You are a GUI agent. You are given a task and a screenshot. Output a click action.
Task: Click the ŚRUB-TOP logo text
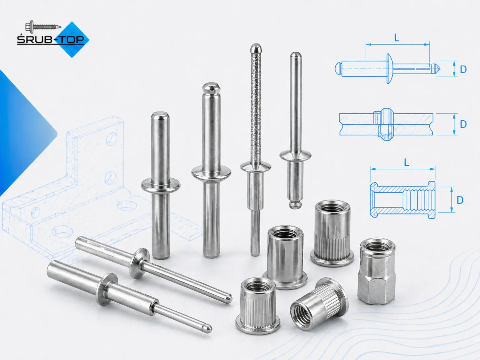pos(50,40)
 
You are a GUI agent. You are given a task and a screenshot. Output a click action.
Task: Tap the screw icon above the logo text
pos(43,26)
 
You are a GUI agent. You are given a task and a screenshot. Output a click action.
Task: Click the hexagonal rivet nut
pos(377,271)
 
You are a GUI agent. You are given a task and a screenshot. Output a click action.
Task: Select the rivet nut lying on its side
pos(319,304)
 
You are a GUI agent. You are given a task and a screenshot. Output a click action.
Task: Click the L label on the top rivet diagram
pos(397,38)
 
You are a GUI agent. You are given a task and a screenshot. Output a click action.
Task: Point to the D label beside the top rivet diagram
pos(463,69)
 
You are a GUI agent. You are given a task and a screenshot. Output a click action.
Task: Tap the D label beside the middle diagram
pos(463,124)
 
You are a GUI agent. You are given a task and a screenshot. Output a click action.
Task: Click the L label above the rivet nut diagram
pos(406,162)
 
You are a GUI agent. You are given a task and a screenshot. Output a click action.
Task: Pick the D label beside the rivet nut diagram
pos(460,200)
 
